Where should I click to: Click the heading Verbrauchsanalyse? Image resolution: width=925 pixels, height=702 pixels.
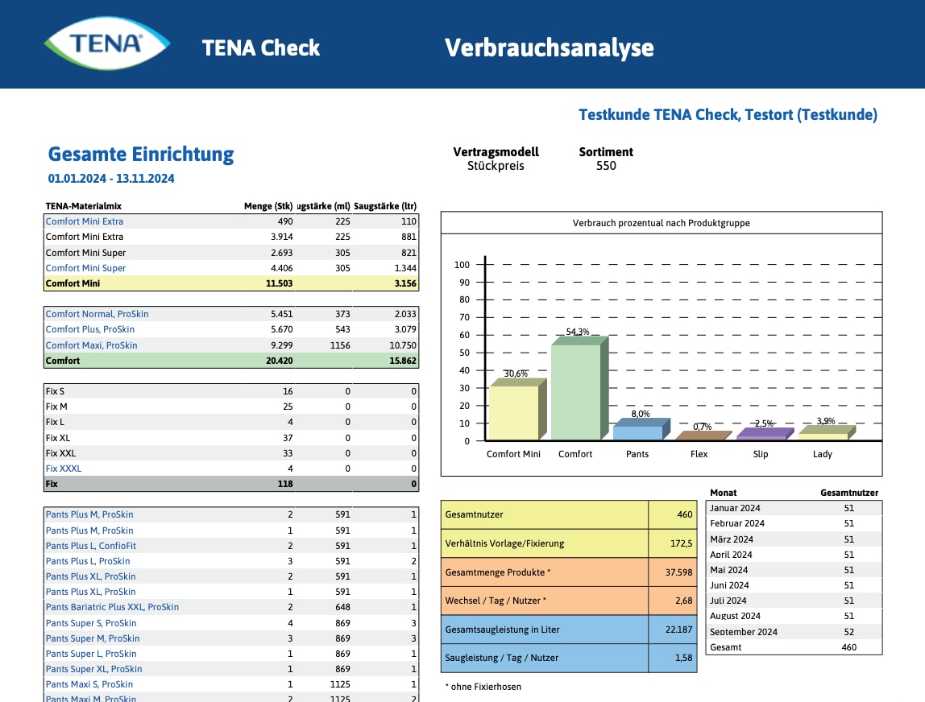(x=549, y=48)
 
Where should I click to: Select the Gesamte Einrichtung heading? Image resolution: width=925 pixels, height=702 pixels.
(x=141, y=154)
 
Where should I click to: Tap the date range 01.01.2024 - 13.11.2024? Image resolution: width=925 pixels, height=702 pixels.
(x=111, y=179)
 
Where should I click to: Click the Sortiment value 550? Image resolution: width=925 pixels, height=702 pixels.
(x=606, y=166)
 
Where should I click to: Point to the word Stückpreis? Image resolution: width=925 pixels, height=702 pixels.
(x=496, y=166)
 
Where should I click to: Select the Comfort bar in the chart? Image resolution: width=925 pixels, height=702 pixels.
(x=576, y=392)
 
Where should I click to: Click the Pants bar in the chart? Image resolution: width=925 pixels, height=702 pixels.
(x=637, y=432)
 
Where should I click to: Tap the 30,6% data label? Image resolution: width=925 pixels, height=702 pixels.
(x=516, y=374)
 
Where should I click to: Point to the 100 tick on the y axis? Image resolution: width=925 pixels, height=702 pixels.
(x=462, y=265)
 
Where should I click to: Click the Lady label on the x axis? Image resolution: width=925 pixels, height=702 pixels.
(x=823, y=454)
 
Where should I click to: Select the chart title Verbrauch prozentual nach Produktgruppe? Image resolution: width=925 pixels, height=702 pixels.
(x=661, y=223)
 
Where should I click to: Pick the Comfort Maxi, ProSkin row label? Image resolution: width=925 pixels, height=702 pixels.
(x=91, y=345)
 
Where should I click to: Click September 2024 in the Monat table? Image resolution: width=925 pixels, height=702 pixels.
(x=744, y=632)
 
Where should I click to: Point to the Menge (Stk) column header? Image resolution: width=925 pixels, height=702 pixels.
(x=268, y=206)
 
